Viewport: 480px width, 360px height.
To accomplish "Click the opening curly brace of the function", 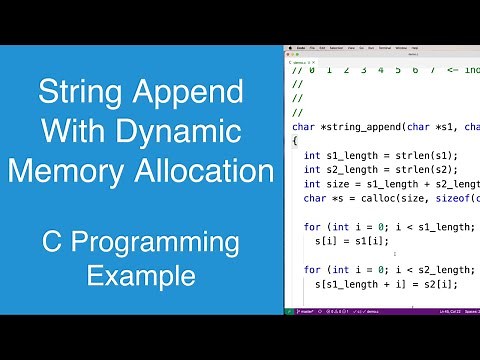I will [x=295, y=141].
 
